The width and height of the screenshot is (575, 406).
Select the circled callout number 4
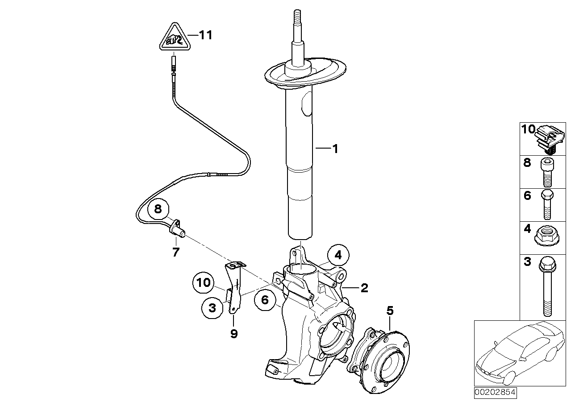pos(338,256)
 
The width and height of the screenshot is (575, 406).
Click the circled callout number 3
pos(212,307)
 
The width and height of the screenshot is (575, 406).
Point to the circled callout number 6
pos(265,300)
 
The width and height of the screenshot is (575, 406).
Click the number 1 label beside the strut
pos(334,149)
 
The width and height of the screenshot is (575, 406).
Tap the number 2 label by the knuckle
pos(364,288)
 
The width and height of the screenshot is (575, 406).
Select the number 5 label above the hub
pos(390,311)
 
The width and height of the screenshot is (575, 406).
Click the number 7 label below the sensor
pos(175,253)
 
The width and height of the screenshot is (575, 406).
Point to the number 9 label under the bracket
pos(234,333)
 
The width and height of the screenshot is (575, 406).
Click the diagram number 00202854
pos(495,393)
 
